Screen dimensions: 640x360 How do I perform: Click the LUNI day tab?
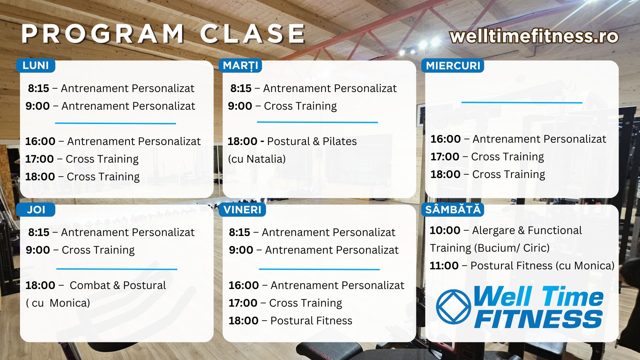point(36,65)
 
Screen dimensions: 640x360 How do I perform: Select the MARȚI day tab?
point(240,65)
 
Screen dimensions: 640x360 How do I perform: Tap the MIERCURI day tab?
point(453,65)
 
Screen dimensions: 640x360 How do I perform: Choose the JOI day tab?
point(36,210)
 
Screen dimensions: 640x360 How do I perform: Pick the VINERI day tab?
point(242,210)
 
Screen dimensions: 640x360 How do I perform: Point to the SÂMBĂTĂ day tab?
point(453,210)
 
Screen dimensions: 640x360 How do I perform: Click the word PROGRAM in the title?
point(103,34)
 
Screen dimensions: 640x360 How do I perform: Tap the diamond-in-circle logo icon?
point(454,307)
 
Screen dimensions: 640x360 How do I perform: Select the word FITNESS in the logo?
point(538,319)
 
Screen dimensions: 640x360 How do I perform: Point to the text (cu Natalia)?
point(257,159)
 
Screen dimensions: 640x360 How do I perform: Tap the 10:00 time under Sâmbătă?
point(445,230)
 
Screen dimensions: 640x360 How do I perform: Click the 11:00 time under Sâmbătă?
point(444,266)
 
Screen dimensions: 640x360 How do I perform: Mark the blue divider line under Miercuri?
point(522,103)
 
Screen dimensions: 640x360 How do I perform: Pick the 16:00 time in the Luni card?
point(40,141)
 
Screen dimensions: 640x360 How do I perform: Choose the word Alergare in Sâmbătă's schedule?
point(494,230)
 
